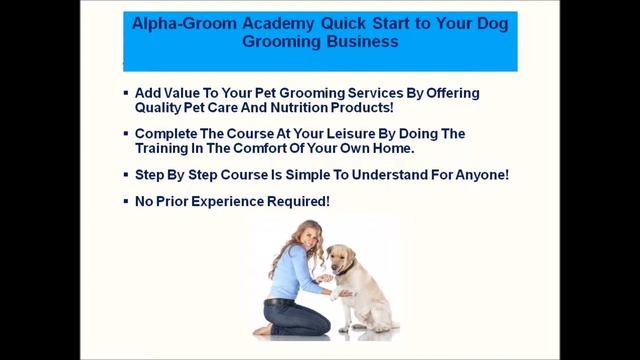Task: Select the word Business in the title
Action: click(365, 43)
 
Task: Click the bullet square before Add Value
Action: click(125, 93)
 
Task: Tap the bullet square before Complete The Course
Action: click(125, 133)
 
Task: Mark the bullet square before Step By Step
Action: click(125, 174)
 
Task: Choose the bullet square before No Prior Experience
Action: click(125, 199)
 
